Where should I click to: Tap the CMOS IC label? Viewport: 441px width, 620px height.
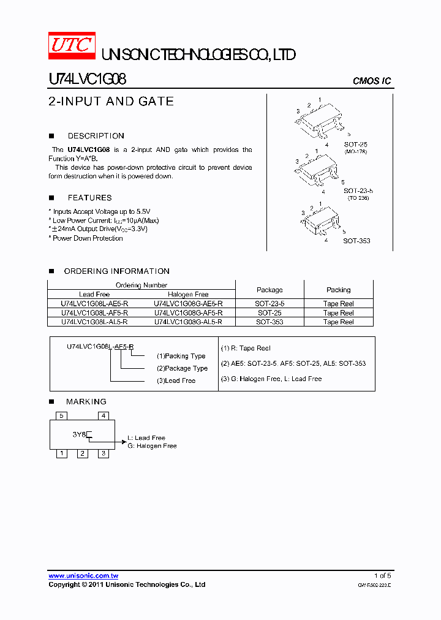click(371, 81)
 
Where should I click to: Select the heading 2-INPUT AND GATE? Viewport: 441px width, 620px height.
click(111, 102)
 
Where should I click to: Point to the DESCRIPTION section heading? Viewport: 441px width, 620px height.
click(96, 136)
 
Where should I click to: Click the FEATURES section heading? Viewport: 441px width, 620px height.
click(89, 198)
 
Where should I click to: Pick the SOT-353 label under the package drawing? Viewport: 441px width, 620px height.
click(356, 241)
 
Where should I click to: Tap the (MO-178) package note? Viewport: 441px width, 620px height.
click(355, 151)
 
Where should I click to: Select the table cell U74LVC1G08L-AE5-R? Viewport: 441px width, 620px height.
click(94, 304)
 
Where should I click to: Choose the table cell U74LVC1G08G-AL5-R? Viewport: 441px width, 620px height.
click(188, 322)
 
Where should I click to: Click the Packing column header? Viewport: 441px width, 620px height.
click(338, 290)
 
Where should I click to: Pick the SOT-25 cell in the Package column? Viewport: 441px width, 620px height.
click(269, 313)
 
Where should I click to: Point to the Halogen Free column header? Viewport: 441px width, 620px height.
click(188, 295)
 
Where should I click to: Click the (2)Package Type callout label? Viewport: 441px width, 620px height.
click(182, 368)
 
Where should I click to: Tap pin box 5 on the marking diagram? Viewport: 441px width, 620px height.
click(61, 415)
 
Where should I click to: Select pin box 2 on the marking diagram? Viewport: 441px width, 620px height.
click(83, 453)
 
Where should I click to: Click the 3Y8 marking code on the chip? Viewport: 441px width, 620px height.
click(79, 434)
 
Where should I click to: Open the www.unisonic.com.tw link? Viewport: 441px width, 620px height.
click(83, 576)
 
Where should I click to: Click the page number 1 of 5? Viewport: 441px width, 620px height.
click(382, 576)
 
